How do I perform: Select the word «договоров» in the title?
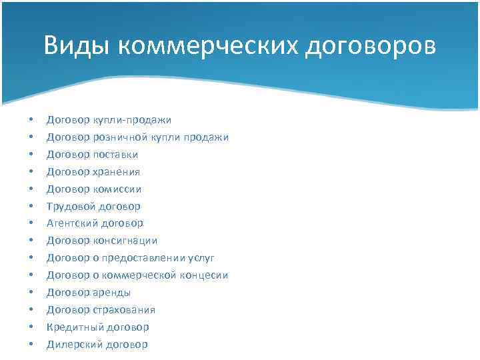click(373, 46)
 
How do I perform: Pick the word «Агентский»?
click(69, 223)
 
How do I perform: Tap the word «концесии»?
click(201, 275)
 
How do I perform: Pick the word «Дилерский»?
click(69, 345)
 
